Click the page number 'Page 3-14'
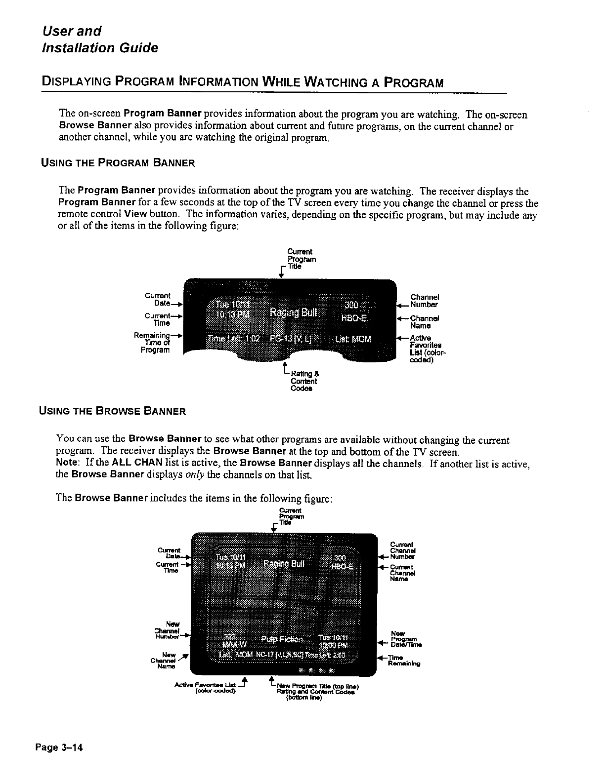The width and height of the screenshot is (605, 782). (58, 747)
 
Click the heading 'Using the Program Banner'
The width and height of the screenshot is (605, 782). (117, 163)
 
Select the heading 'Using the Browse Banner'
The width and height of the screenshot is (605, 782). (112, 411)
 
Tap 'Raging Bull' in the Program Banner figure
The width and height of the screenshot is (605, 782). (294, 313)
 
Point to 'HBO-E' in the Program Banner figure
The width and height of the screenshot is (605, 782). (354, 318)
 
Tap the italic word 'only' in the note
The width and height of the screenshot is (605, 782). (178, 475)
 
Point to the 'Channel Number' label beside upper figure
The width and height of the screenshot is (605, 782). (425, 301)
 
